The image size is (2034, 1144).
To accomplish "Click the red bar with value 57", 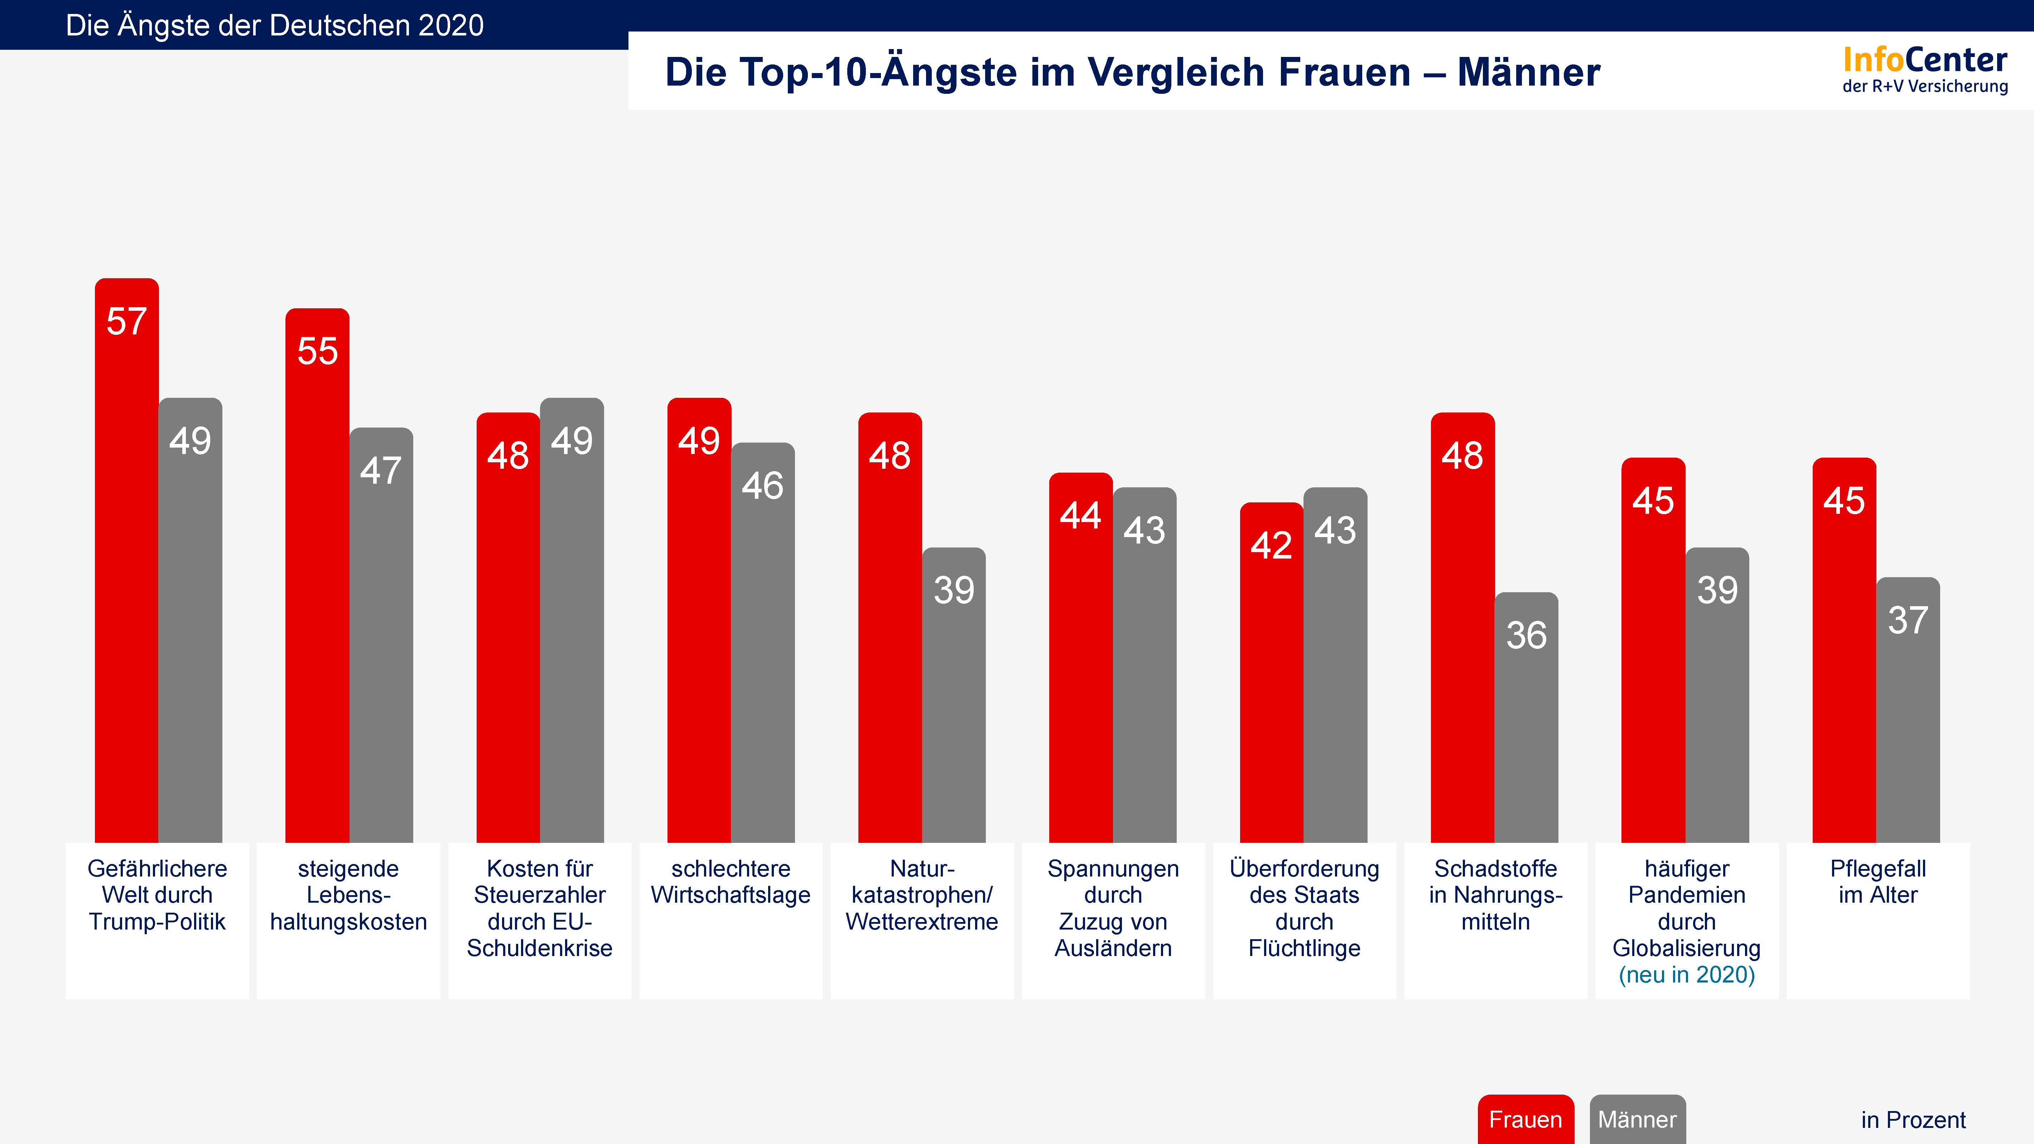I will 126,561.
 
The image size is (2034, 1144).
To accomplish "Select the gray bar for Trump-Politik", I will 190,620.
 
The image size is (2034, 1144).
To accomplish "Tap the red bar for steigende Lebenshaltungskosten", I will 317,576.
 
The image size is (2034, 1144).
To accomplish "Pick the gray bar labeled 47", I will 381,636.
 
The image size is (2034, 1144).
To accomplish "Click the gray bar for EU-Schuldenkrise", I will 572,620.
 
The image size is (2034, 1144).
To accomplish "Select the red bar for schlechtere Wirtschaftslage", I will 699,620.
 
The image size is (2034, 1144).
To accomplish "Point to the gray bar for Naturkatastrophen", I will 954,695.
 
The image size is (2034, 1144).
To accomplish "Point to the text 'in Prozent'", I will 1913,1120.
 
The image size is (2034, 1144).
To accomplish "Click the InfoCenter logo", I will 1925,69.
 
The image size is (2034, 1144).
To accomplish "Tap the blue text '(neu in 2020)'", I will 1687,974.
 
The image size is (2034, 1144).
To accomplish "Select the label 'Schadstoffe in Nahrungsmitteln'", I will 1495,894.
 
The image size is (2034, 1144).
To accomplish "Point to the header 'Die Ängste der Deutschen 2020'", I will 275,25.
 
